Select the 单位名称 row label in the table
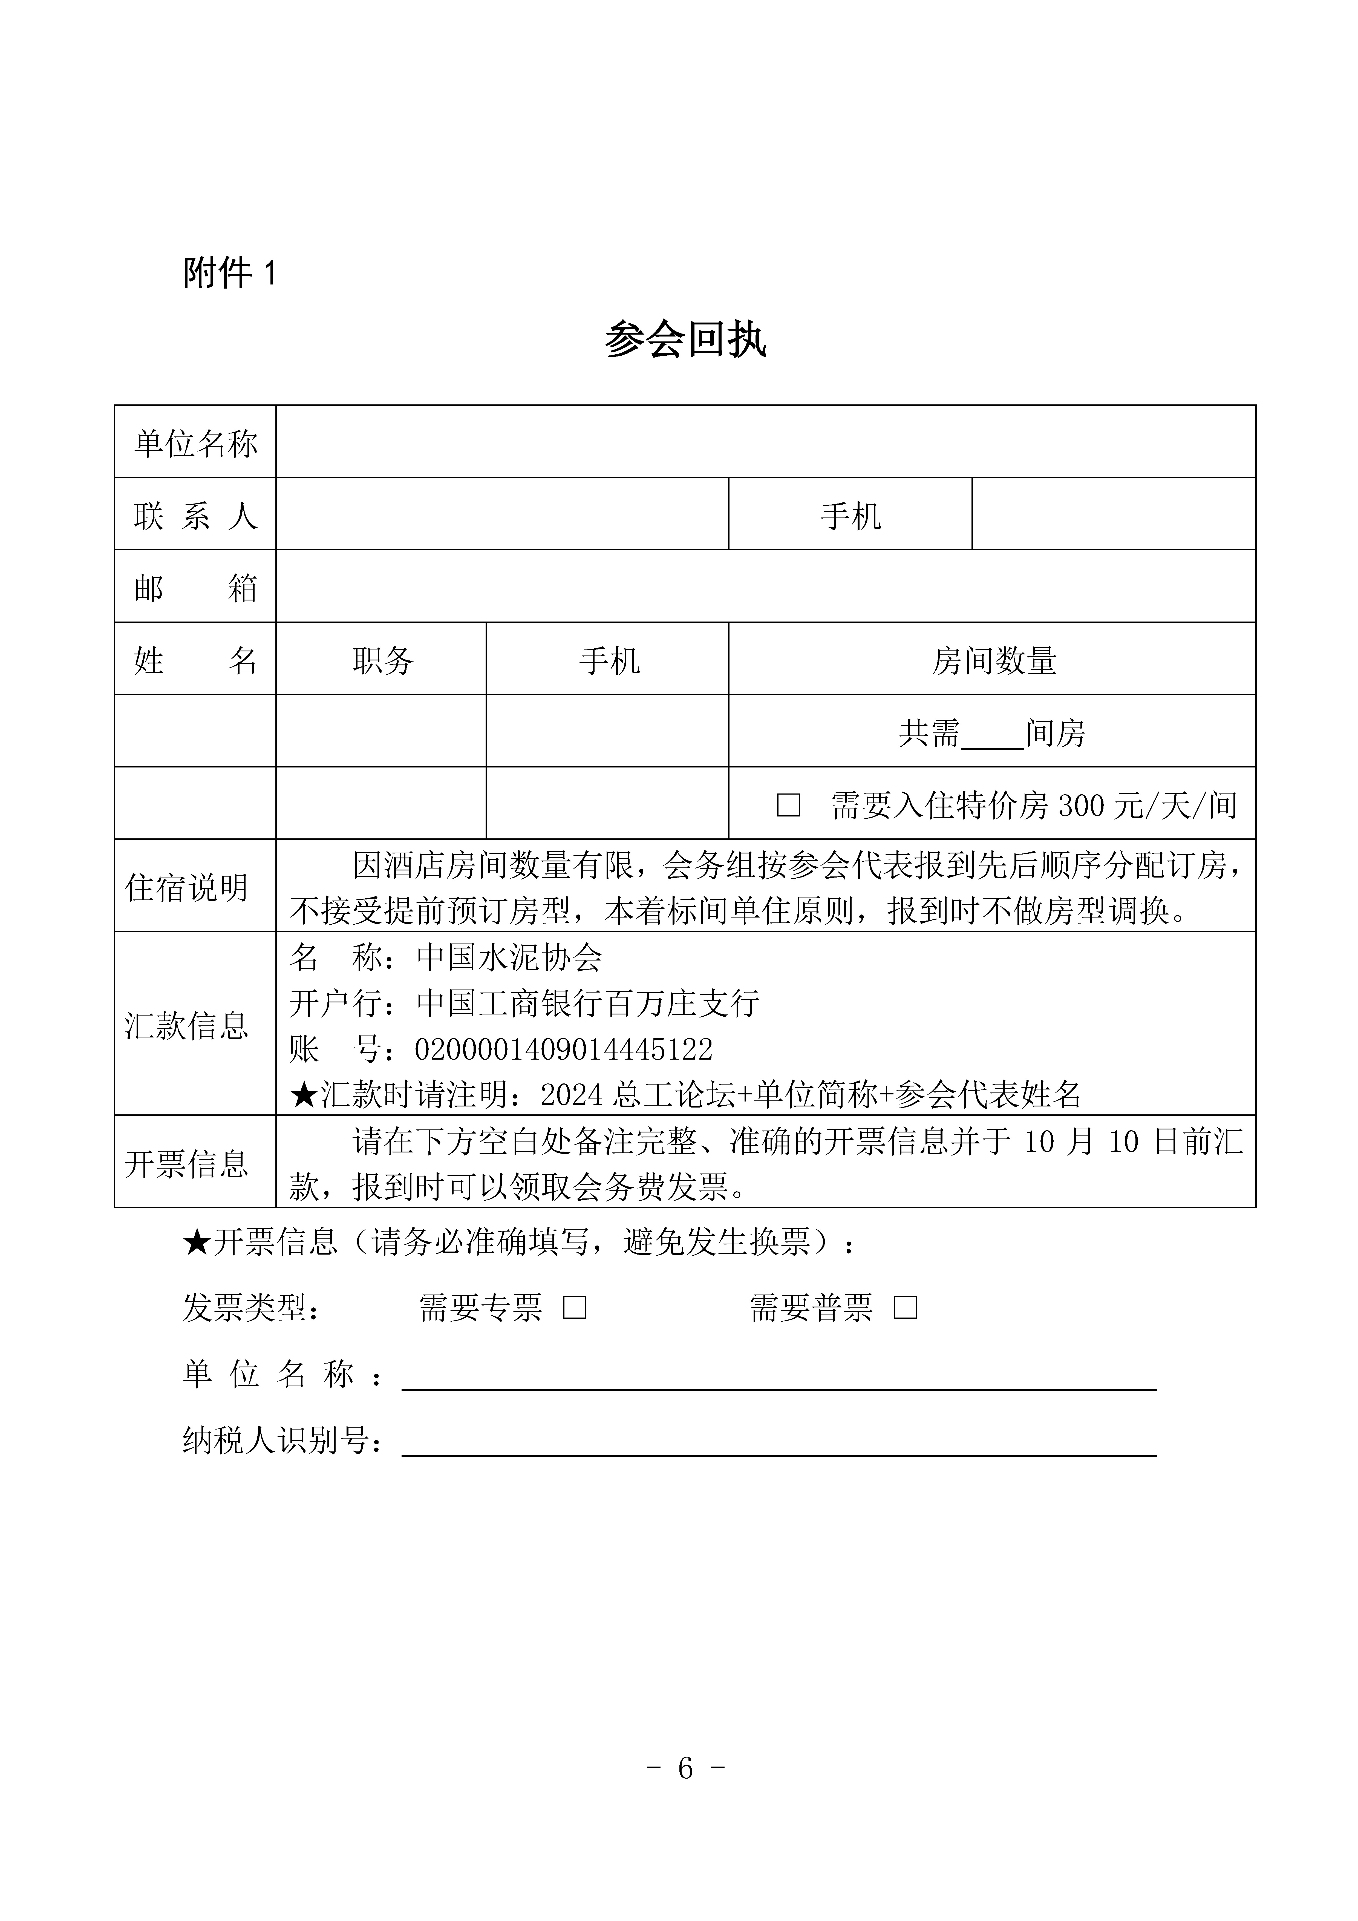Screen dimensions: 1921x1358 (195, 442)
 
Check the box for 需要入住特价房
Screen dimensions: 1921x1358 (788, 805)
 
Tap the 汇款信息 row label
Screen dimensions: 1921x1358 (187, 1025)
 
